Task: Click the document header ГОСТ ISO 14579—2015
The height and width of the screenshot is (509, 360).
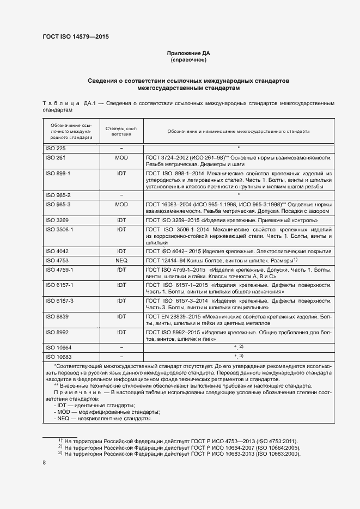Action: click(80, 38)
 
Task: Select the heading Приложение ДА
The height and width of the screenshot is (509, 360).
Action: click(188, 53)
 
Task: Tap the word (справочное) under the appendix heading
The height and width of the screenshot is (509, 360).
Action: click(188, 60)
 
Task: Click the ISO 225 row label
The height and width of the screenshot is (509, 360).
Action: click(54, 148)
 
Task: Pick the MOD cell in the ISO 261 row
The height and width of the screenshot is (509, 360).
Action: click(121, 157)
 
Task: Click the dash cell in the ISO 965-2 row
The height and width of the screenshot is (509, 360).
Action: click(121, 194)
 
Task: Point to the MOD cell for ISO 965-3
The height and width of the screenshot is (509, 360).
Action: click(121, 204)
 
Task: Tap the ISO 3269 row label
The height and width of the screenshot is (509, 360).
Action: click(56, 220)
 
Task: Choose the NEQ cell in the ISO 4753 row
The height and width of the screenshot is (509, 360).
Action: click(121, 261)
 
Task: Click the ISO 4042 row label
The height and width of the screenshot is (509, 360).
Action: click(56, 252)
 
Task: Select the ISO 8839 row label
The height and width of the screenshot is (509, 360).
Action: click(56, 316)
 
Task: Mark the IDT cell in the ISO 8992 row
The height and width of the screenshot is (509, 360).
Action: click(121, 332)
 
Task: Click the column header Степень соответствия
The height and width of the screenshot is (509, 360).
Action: click(121, 131)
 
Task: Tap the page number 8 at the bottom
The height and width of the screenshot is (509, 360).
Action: click(44, 462)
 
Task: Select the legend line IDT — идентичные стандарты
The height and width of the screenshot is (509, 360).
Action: click(94, 406)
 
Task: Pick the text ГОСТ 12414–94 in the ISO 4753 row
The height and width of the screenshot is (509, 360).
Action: click(164, 261)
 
